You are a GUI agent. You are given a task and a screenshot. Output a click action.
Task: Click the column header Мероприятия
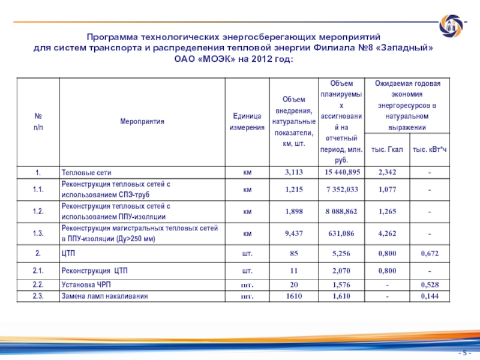pos(142,121)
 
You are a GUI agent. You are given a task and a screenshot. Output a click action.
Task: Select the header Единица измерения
pos(246,121)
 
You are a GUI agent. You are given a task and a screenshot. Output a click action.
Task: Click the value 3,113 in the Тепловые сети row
pos(294,173)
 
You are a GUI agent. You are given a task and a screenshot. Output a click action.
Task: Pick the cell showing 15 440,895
pos(343,173)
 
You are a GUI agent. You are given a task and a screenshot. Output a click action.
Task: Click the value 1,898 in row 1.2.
pos(294,211)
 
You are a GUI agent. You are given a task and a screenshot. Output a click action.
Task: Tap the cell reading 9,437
pos(294,233)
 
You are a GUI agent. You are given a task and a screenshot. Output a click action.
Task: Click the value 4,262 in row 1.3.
pos(388,233)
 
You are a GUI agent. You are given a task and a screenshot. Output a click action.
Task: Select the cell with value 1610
pos(294,296)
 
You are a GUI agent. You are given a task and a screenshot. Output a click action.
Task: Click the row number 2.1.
pos(37,272)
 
